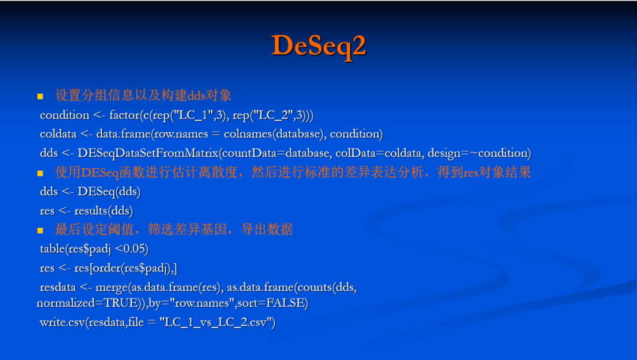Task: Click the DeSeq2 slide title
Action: (319, 45)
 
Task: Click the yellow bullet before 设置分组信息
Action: (40, 96)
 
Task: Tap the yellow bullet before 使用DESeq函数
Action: (40, 174)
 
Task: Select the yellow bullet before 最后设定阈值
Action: (40, 230)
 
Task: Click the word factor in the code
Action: (124, 116)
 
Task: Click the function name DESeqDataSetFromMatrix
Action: (148, 153)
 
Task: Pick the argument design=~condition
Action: (478, 153)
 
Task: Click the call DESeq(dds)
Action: (109, 192)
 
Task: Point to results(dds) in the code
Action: (104, 211)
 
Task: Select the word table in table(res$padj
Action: (52, 248)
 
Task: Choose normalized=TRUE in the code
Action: (87, 303)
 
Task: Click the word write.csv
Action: (63, 323)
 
